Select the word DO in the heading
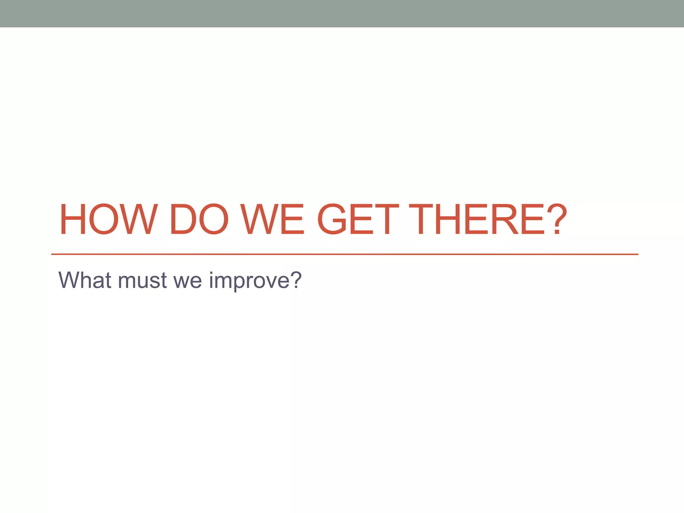coord(199,219)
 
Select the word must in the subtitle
coord(142,281)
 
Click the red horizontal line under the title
coord(344,254)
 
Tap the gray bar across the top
coord(342,13)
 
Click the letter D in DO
coord(182,219)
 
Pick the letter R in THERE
coord(505,219)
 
